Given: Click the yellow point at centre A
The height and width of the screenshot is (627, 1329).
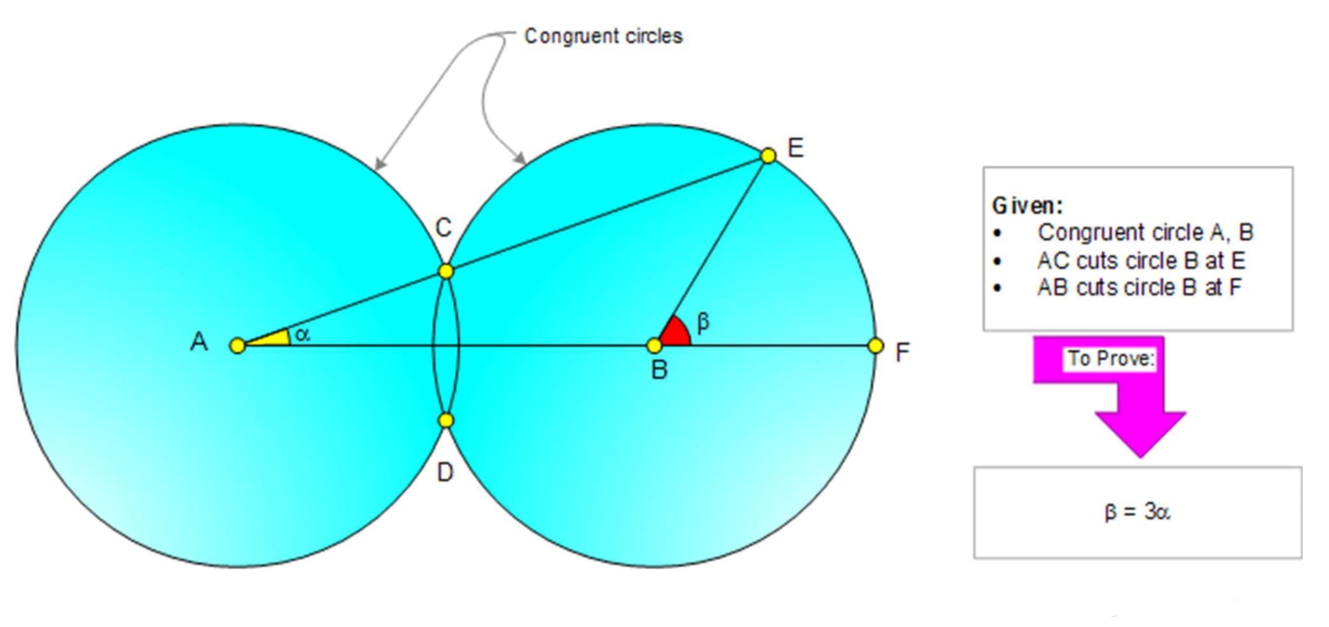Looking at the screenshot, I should coord(238,346).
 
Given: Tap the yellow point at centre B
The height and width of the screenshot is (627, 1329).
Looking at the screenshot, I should coord(654,346).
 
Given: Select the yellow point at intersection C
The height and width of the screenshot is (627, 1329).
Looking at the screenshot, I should coord(446,271).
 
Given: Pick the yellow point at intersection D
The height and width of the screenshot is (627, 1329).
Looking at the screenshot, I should coord(446,420).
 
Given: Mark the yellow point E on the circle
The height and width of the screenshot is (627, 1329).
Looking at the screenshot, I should coord(768,156).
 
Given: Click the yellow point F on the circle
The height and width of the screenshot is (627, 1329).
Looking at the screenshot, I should coord(875,346).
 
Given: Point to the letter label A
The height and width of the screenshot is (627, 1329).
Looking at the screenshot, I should coord(199,342).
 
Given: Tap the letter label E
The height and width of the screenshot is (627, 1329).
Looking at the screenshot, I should coord(795,148).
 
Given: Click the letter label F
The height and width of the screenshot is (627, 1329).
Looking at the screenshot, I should coord(902,352).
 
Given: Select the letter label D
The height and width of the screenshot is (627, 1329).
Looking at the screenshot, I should coord(445,473).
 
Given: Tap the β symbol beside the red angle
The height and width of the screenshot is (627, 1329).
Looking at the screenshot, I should coord(703,322).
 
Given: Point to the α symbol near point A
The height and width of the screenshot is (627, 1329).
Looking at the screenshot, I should coord(302,334).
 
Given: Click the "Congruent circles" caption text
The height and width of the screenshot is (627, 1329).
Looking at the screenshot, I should coord(603,36).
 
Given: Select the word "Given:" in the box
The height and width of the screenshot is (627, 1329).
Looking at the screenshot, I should coord(1027,205).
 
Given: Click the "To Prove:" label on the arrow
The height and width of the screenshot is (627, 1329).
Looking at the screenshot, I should coord(1110,358).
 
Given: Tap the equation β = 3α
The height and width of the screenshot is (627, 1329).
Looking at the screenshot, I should coord(1137,511).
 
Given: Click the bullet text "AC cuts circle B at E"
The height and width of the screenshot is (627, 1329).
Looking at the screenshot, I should coord(1141,260).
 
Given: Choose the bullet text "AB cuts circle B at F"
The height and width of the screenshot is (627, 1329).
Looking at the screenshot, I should coord(1139,287).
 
